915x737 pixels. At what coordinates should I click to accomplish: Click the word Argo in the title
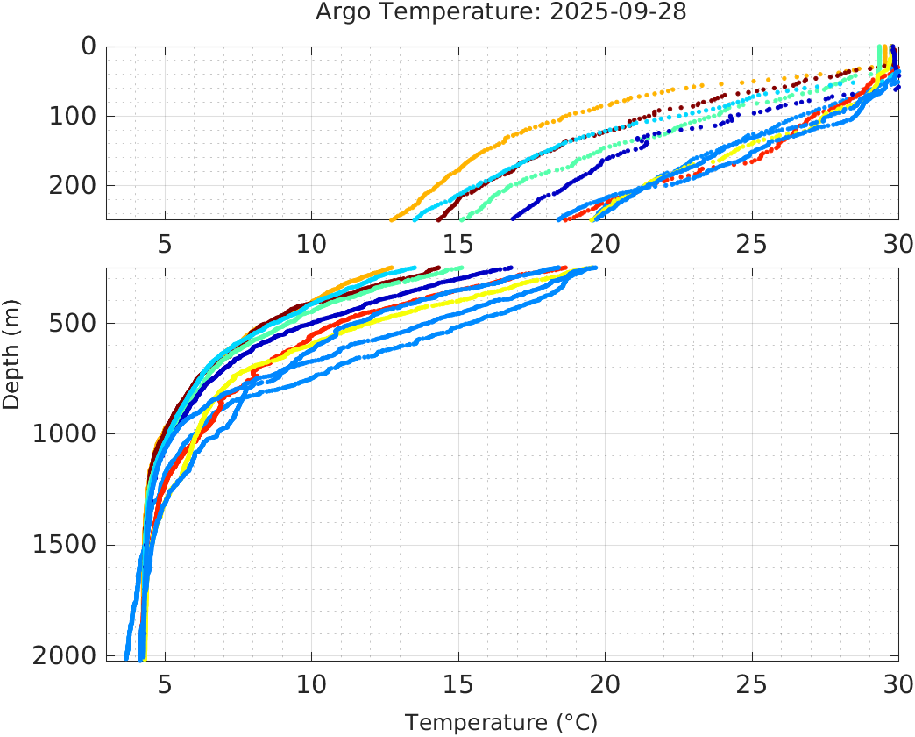(x=337, y=12)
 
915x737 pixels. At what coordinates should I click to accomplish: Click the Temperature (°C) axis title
(x=500, y=723)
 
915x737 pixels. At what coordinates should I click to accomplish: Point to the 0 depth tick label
(x=89, y=46)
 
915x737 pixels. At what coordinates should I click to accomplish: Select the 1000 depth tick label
(x=63, y=433)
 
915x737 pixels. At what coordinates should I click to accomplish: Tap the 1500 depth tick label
(x=63, y=545)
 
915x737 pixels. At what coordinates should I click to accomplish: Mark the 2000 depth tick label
(x=63, y=655)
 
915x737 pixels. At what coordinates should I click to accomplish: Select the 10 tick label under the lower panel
(x=311, y=683)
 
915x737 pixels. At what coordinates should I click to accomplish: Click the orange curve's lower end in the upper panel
(x=392, y=218)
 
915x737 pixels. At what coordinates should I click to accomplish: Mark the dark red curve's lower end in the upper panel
(x=440, y=218)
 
